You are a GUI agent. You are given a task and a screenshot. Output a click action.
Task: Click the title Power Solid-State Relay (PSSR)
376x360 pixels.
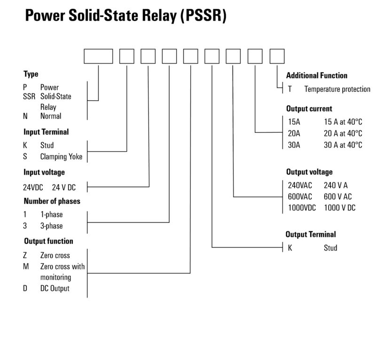click(125, 16)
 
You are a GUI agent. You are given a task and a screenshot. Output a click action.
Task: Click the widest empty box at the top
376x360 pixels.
click(98, 56)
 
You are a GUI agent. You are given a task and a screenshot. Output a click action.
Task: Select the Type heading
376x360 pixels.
click(31, 74)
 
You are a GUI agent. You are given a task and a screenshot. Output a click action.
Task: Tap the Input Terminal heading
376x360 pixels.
click(46, 132)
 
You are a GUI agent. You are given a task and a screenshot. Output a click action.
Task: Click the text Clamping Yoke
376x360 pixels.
click(61, 157)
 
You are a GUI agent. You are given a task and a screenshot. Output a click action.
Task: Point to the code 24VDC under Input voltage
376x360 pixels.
click(33, 187)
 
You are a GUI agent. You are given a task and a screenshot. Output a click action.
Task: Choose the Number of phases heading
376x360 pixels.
click(52, 201)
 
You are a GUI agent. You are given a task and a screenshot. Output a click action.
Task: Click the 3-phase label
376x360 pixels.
click(51, 226)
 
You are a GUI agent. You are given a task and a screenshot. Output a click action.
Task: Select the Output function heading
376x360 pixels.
click(48, 241)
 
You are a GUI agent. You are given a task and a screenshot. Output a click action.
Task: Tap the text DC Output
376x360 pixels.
click(55, 288)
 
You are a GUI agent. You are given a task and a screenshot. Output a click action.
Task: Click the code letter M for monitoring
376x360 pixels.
click(26, 266)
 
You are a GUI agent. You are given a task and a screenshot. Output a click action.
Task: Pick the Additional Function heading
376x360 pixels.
click(317, 75)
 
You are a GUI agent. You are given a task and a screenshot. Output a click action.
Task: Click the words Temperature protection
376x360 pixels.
click(337, 89)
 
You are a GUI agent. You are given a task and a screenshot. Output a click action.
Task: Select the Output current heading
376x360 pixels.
click(309, 109)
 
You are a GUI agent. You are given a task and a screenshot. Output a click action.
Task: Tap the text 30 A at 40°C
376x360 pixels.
click(343, 145)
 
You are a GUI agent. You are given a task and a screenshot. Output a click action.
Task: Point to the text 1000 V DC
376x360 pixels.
click(339, 208)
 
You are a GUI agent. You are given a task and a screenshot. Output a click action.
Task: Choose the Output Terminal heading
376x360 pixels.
click(311, 234)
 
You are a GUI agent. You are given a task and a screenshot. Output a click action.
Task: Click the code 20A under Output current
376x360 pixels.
click(294, 133)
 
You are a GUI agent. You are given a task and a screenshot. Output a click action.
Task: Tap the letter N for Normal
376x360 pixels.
click(25, 116)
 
